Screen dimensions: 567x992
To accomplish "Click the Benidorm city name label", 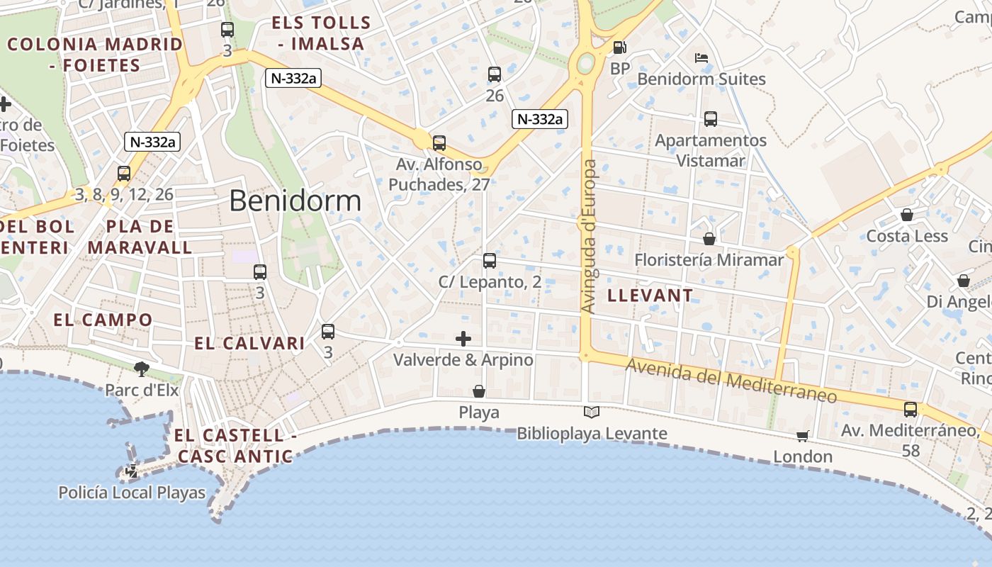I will coord(295,201).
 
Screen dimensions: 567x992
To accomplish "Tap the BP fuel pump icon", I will coord(619,47).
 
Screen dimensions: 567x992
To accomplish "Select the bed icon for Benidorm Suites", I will coord(701,58).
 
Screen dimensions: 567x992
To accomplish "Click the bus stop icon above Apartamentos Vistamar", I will coord(711,119).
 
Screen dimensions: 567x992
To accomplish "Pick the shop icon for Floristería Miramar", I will coord(709,239).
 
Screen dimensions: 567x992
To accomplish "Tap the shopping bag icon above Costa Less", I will coord(907,215).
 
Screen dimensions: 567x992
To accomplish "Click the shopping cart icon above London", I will coord(802,436).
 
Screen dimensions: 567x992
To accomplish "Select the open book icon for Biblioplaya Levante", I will coord(592,412).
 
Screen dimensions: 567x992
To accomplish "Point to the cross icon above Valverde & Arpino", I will coord(463,339).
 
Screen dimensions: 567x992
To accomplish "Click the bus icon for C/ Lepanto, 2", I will coord(490,260).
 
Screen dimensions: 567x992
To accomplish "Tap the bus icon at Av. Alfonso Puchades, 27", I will coord(439,143).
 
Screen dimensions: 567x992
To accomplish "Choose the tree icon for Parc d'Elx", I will coord(142,368).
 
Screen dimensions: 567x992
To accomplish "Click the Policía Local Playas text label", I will coord(132,493).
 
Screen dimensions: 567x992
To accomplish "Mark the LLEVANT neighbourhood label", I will coord(650,295).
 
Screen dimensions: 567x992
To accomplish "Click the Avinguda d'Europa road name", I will coord(590,236).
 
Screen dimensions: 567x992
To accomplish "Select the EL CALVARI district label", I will coord(249,343).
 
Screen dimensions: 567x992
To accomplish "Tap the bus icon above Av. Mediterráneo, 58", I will coord(911,409).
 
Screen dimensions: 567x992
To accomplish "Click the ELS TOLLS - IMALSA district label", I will coord(321,33).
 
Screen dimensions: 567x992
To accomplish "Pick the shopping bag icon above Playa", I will coord(479,391).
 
